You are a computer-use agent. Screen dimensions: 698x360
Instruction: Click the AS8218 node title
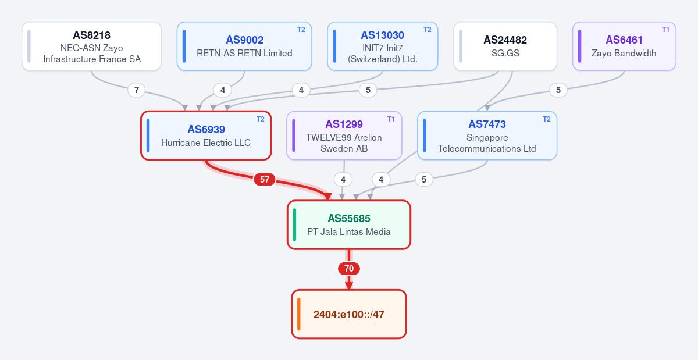[92, 35]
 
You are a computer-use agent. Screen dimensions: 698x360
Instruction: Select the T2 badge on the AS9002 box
[301, 30]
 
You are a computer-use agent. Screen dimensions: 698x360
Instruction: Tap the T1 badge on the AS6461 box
[665, 30]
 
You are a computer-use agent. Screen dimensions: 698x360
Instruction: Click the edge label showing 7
[137, 90]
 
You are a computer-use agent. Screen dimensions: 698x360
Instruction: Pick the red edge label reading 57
[265, 180]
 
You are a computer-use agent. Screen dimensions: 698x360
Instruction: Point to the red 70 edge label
[349, 269]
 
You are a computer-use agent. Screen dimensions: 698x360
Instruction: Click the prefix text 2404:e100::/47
[349, 315]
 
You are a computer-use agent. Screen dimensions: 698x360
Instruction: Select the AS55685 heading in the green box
[349, 219]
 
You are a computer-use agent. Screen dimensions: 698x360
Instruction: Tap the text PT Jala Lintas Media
[349, 232]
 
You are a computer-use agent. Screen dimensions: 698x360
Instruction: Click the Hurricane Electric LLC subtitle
[206, 142]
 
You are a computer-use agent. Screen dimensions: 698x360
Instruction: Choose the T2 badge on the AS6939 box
[261, 119]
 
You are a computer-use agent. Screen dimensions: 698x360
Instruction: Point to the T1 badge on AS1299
[391, 119]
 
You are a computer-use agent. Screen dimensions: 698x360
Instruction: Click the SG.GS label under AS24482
[505, 54]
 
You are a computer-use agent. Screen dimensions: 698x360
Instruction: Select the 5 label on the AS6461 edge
[558, 90]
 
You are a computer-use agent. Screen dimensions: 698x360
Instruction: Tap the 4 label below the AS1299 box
[343, 180]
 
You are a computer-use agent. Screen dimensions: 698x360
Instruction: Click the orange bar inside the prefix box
[299, 314]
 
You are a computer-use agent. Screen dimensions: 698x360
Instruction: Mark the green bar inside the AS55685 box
[294, 224]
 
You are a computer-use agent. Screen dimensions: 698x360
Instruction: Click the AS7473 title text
[487, 124]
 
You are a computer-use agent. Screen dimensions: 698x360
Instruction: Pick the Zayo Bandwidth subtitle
[624, 54]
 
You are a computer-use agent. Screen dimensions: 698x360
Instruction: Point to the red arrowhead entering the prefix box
[349, 286]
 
